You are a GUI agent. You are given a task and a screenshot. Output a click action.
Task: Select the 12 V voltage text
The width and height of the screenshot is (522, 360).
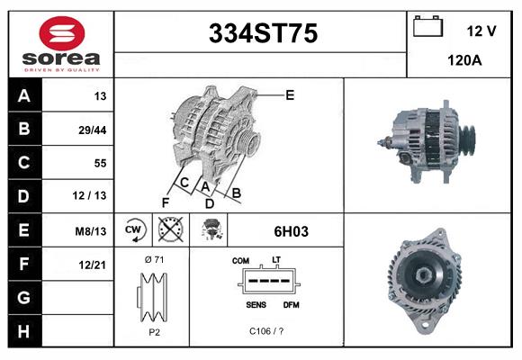pyautogui.click(x=481, y=31)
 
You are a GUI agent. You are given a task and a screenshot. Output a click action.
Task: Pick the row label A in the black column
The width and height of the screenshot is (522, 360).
pyautogui.click(x=23, y=96)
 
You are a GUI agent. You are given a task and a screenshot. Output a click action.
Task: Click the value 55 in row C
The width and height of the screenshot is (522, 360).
pyautogui.click(x=99, y=164)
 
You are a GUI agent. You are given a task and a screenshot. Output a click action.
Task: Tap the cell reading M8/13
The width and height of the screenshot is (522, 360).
pyautogui.click(x=91, y=231)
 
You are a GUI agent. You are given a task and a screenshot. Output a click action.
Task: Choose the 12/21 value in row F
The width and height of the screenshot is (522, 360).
pyautogui.click(x=92, y=264)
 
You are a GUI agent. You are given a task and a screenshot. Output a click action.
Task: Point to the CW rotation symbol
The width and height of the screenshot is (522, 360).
pyautogui.click(x=133, y=230)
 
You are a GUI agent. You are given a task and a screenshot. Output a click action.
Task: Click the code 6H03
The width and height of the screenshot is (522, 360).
pyautogui.click(x=291, y=231)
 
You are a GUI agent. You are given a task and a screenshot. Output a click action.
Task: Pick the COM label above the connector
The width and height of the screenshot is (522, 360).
pyautogui.click(x=240, y=261)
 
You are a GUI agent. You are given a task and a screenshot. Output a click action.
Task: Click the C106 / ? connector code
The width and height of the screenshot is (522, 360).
pyautogui.click(x=265, y=330)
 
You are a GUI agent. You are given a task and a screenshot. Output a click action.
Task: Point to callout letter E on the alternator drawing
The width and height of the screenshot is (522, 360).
pyautogui.click(x=290, y=94)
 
